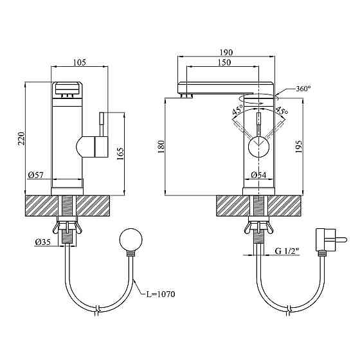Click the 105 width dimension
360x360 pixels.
[80, 62]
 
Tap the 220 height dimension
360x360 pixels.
[21, 138]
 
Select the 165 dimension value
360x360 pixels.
[120, 154]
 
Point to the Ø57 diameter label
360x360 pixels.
[36, 175]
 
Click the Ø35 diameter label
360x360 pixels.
[42, 242]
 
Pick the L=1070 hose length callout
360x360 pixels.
[161, 294]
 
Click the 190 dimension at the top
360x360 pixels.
[226, 52]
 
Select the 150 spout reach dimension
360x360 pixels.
[224, 62]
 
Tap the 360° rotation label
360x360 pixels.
[303, 89]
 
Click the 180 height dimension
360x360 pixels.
[161, 147]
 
